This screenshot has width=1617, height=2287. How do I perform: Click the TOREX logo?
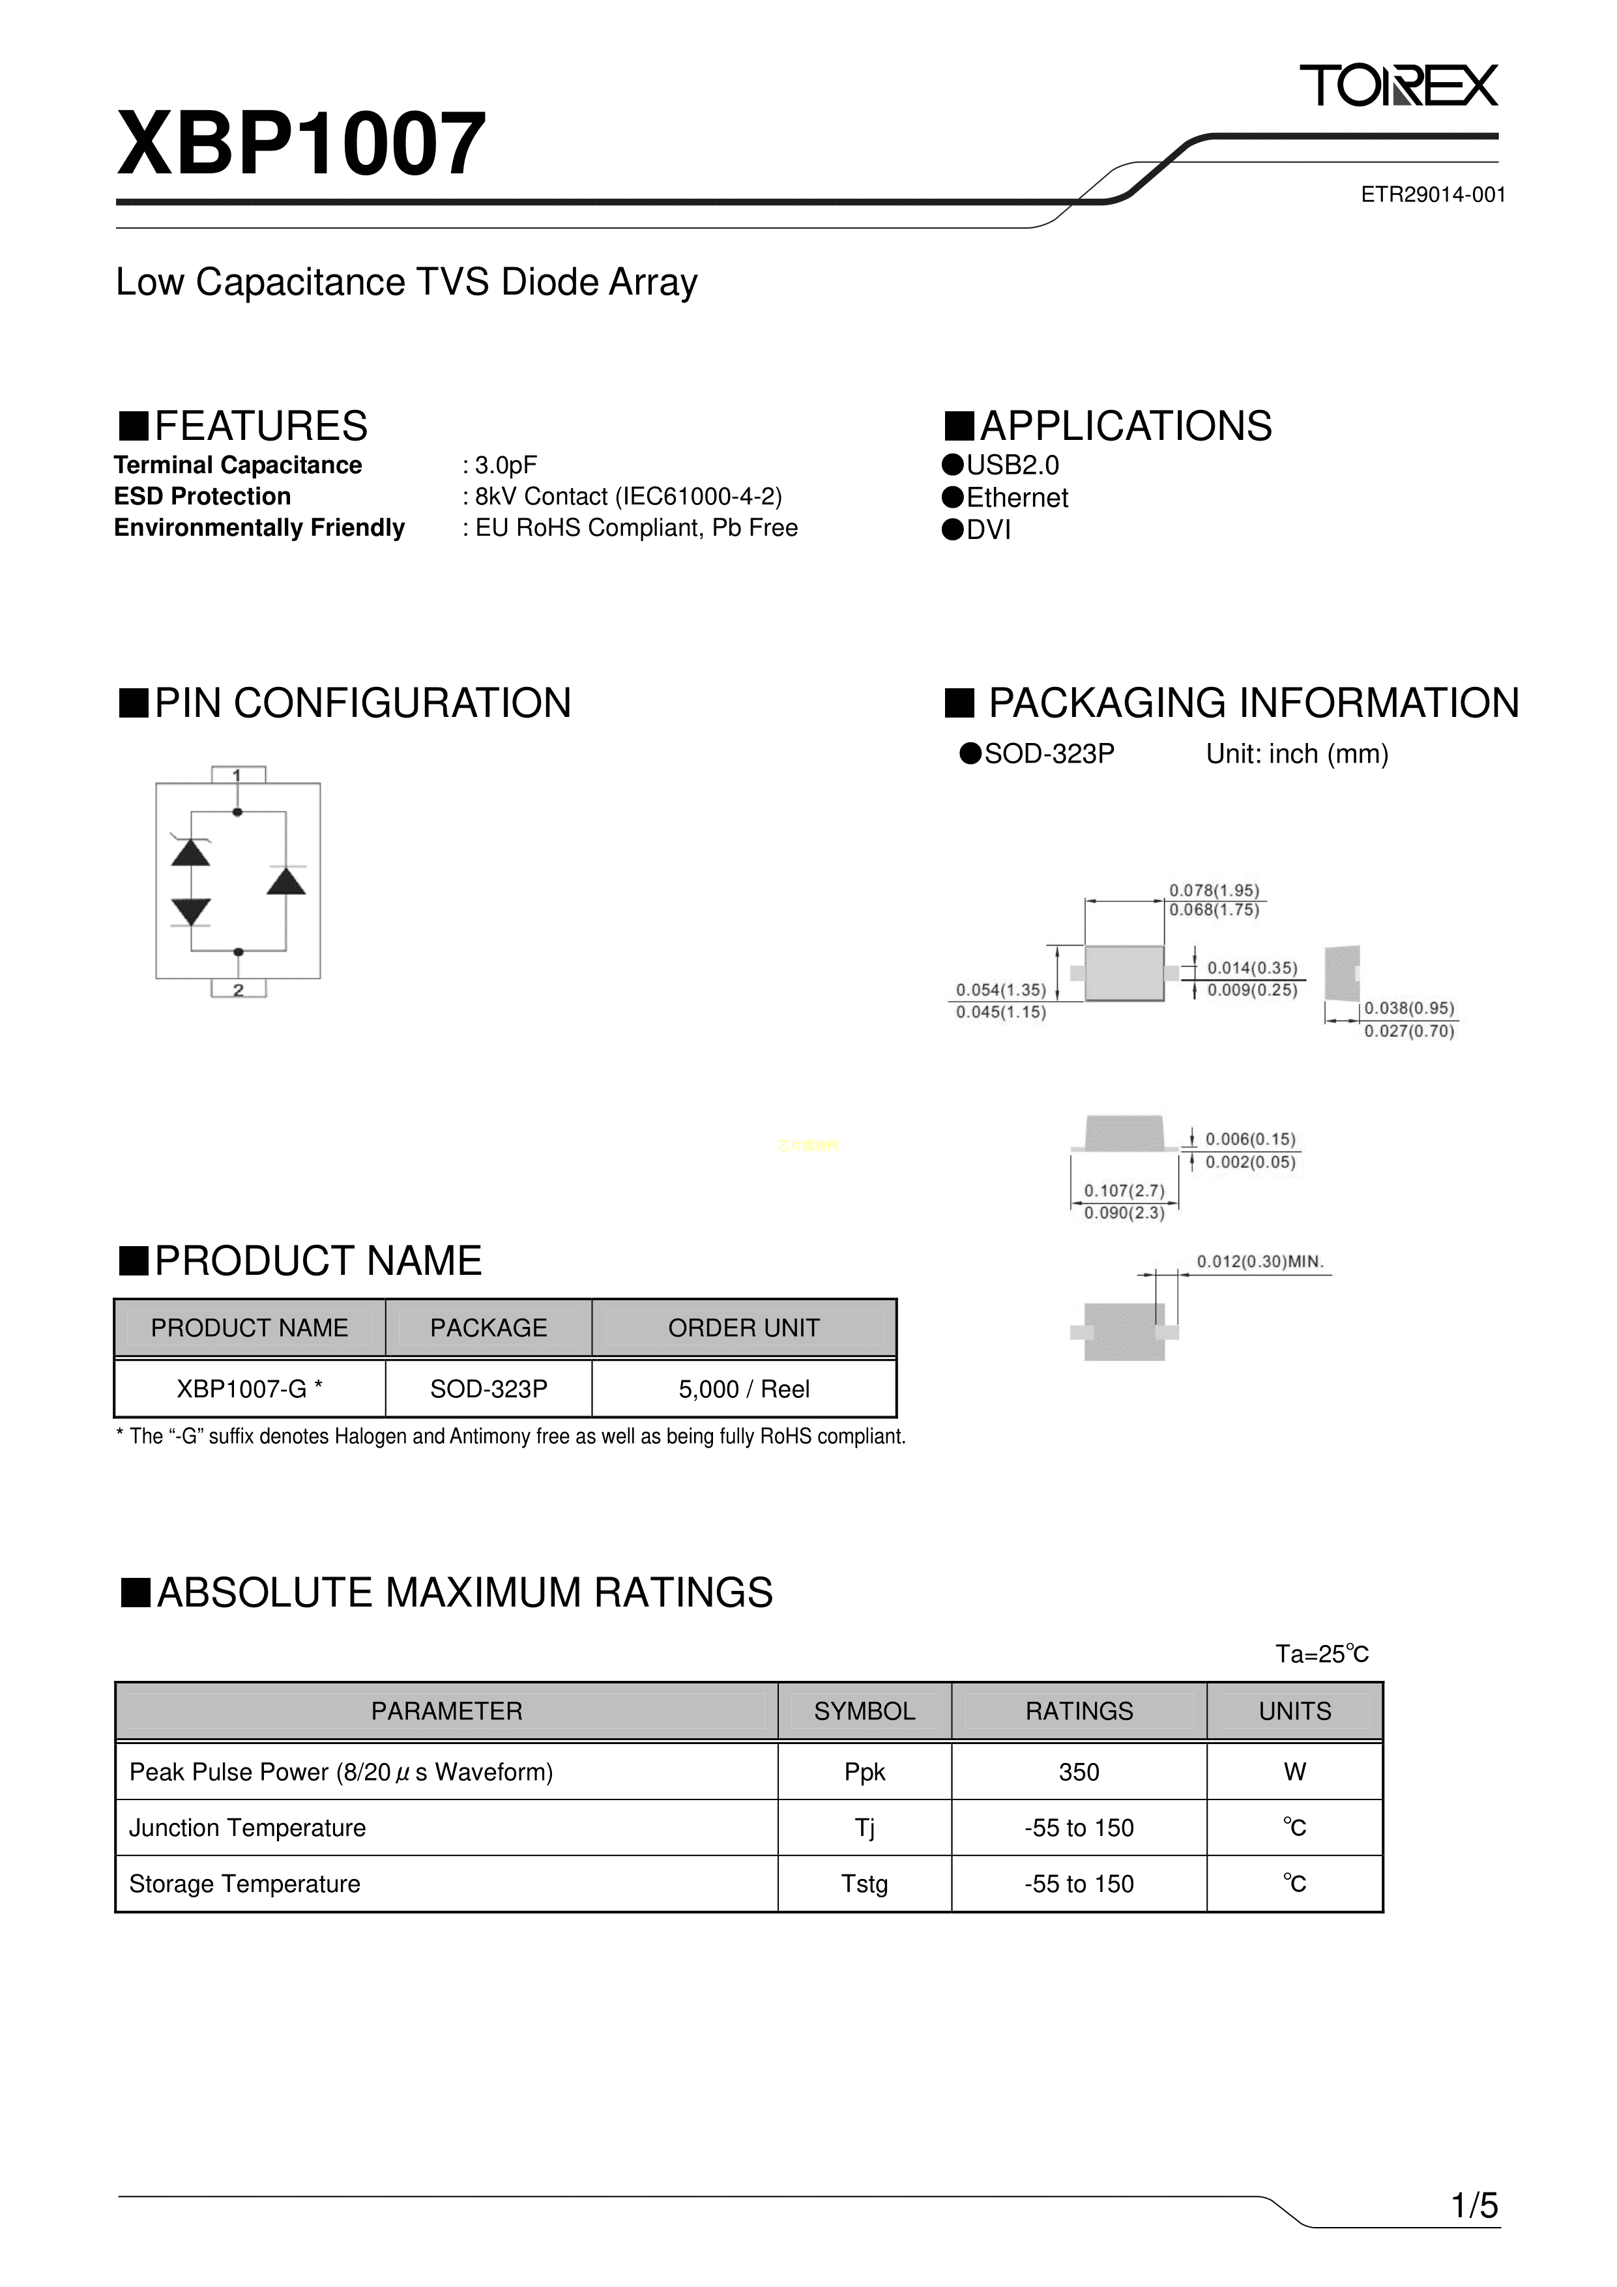click(x=1399, y=85)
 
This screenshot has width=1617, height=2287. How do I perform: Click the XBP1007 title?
click(x=302, y=145)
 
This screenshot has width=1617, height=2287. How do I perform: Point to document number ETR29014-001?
click(x=1433, y=196)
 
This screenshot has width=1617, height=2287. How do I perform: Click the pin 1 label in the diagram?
click(x=237, y=775)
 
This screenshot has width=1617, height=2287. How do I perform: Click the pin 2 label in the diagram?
click(x=238, y=989)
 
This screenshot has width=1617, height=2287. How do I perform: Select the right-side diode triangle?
click(x=286, y=881)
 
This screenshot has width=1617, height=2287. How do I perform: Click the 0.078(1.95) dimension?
click(x=1214, y=890)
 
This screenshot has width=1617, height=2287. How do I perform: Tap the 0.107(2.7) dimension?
click(x=1124, y=1190)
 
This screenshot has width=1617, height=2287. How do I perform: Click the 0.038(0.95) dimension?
click(x=1409, y=1008)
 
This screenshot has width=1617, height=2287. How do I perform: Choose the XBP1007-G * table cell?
click(x=250, y=1388)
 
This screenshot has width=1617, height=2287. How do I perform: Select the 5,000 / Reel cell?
click(x=744, y=1388)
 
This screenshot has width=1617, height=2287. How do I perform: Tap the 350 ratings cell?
click(x=1079, y=1772)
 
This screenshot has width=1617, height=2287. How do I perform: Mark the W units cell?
click(x=1295, y=1772)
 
